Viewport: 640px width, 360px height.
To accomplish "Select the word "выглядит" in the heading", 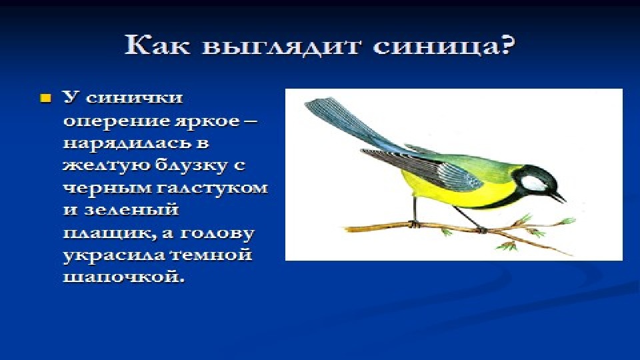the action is pos(281,47).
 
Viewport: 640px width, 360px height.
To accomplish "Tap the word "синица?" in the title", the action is pos(444,46).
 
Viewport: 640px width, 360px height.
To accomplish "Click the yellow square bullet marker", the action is pos(45,99).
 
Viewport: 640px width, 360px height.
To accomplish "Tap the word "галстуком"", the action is pos(212,188).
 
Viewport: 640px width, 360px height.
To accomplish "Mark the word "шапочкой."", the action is pos(124,277).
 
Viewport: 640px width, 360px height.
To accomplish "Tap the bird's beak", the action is pos(559,197).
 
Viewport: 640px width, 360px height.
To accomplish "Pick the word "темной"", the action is pos(209,255).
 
